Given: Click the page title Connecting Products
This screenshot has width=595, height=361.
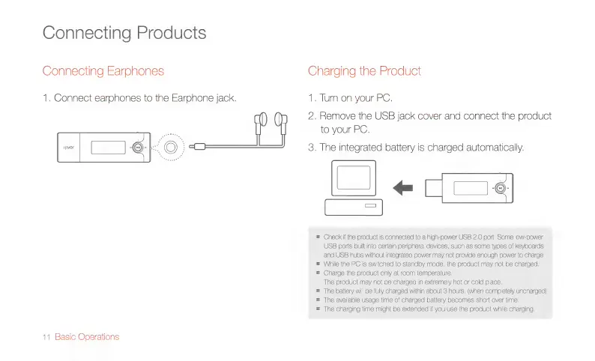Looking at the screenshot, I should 124,33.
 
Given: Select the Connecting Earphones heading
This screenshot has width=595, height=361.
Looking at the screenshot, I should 103,71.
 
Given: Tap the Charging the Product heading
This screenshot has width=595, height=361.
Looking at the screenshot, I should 364,71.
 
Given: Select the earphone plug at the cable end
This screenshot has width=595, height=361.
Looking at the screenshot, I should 196,146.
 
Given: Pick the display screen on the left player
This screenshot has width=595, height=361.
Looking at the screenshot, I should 107,147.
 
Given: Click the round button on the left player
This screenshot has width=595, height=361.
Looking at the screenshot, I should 139,147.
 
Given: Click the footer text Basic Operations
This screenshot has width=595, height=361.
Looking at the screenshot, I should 87,336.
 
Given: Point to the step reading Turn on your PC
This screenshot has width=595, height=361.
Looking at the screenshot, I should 350,98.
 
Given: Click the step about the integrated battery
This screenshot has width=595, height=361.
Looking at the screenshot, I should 415,147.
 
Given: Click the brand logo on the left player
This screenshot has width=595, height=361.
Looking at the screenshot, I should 67,147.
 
